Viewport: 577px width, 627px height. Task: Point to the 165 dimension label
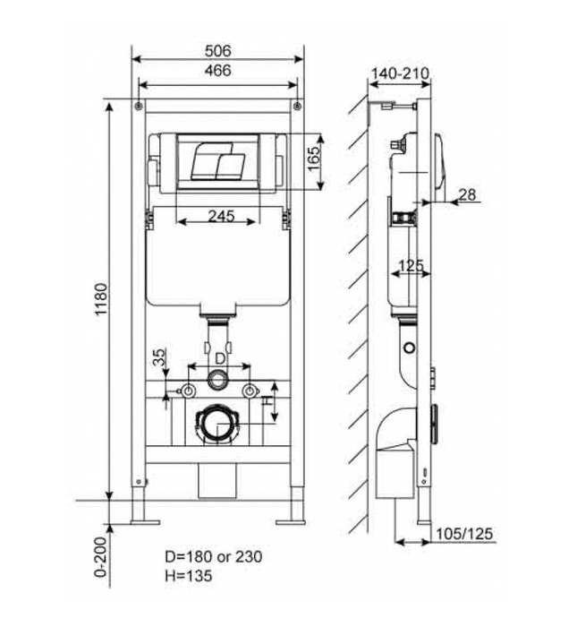pyautogui.click(x=313, y=162)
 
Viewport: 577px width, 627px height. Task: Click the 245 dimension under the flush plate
pyautogui.click(x=219, y=215)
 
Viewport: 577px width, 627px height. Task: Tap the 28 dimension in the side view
pyautogui.click(x=466, y=194)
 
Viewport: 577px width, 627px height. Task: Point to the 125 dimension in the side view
pyautogui.click(x=411, y=265)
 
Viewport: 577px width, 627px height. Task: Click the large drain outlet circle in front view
pyautogui.click(x=217, y=423)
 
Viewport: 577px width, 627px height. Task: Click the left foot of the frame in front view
pyautogui.click(x=142, y=517)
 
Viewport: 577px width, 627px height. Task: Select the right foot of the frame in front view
pyautogui.click(x=293, y=517)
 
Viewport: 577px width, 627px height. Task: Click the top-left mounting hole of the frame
pyautogui.click(x=139, y=107)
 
